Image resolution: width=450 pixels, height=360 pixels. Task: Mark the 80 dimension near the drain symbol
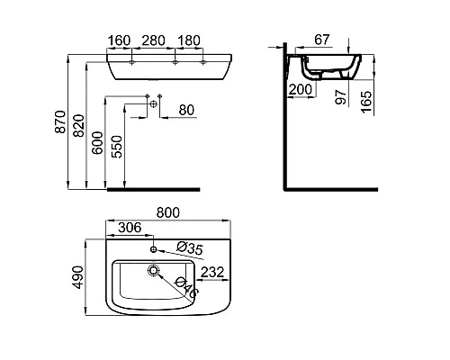pos(187,111)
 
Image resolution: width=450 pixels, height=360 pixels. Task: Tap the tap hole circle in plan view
pos(155,247)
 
